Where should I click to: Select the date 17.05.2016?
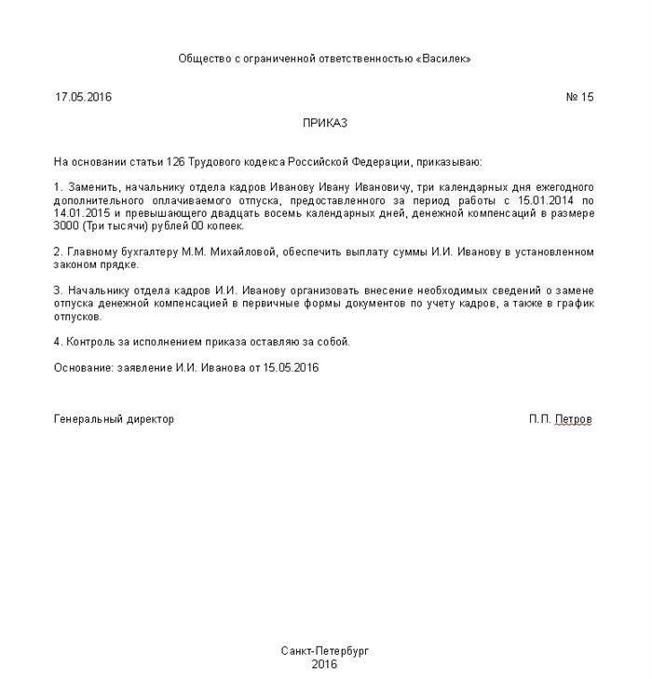click(83, 97)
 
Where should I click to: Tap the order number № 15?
click(579, 97)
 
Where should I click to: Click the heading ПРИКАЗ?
click(325, 123)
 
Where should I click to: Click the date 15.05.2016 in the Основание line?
click(290, 368)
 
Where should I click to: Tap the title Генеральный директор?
click(114, 419)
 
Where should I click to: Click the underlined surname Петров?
click(573, 419)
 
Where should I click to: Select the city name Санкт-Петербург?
click(325, 650)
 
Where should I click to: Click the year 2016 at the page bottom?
click(325, 664)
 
